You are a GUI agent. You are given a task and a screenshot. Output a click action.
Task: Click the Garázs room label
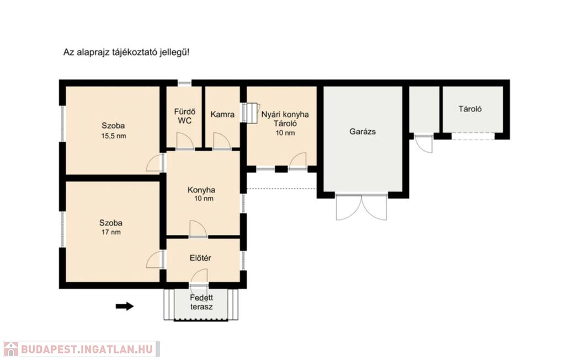point(363,132)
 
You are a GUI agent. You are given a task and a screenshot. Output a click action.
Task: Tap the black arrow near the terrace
point(125,307)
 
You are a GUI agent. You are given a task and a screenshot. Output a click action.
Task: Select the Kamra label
point(222,115)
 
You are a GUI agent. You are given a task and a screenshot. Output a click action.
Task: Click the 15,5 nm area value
point(114,136)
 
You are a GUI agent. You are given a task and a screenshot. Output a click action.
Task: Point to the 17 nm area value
point(111,232)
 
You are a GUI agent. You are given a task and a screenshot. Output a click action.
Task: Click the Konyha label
point(201,190)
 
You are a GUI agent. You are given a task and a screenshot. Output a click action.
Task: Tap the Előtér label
point(200,258)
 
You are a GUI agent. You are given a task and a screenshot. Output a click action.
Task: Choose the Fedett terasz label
point(201,302)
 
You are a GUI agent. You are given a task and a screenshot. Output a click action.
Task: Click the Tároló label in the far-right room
point(470,109)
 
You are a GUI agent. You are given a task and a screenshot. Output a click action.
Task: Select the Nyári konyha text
point(285,115)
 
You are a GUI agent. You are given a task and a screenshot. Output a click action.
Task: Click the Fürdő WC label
point(184,116)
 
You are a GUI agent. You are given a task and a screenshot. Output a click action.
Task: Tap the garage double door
point(361,207)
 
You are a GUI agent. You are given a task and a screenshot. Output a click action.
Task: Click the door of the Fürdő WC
point(185,141)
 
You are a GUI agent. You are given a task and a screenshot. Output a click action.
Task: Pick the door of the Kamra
point(222,141)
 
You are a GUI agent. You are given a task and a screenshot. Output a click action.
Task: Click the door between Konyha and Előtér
point(198,229)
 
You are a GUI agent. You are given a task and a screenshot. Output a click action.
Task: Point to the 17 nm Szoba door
point(155,260)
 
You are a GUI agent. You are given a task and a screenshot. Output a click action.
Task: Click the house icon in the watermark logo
point(11,349)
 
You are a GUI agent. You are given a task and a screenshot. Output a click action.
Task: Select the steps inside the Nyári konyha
point(250,113)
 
